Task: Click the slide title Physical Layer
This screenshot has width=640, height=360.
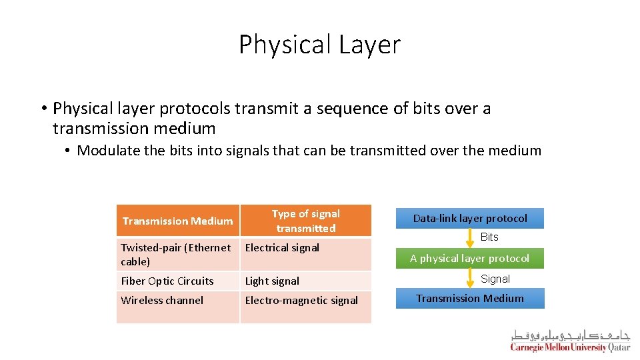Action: point(319,45)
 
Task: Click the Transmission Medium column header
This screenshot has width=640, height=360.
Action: point(177,221)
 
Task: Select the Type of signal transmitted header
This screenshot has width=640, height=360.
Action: point(305,221)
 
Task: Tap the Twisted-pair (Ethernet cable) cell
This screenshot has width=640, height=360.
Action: point(176,254)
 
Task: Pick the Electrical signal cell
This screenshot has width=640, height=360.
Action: point(282,247)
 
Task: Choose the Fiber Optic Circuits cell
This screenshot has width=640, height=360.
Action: point(167,281)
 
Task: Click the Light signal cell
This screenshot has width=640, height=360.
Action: point(272,281)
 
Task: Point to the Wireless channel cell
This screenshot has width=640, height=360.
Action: point(162,300)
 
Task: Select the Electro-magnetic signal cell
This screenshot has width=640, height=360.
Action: point(301,300)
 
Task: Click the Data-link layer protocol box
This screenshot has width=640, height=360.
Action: point(470,218)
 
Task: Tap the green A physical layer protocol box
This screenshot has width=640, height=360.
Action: point(470,258)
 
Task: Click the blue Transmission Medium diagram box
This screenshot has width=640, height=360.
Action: point(470,298)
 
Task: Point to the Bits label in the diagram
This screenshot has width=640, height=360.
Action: point(489,237)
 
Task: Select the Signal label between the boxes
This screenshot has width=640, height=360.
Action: point(495,279)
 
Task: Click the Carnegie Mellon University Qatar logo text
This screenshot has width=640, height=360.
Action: point(570,347)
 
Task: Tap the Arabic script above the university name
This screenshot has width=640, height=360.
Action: point(570,335)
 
